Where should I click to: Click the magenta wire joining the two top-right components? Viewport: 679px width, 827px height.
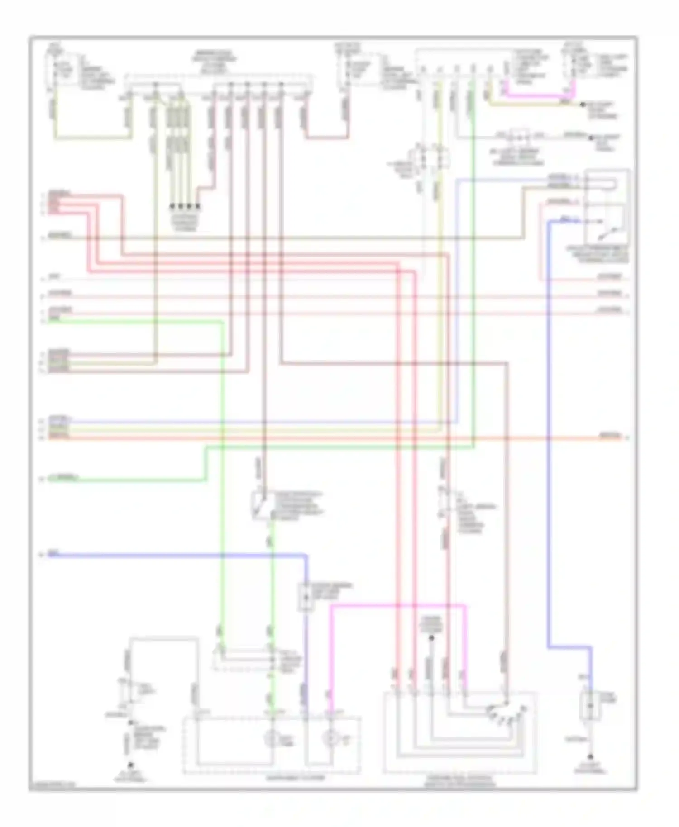pyautogui.click(x=534, y=95)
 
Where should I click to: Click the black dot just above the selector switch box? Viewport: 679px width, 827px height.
pyautogui.click(x=431, y=638)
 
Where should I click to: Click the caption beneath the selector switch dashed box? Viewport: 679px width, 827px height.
pyautogui.click(x=460, y=781)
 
